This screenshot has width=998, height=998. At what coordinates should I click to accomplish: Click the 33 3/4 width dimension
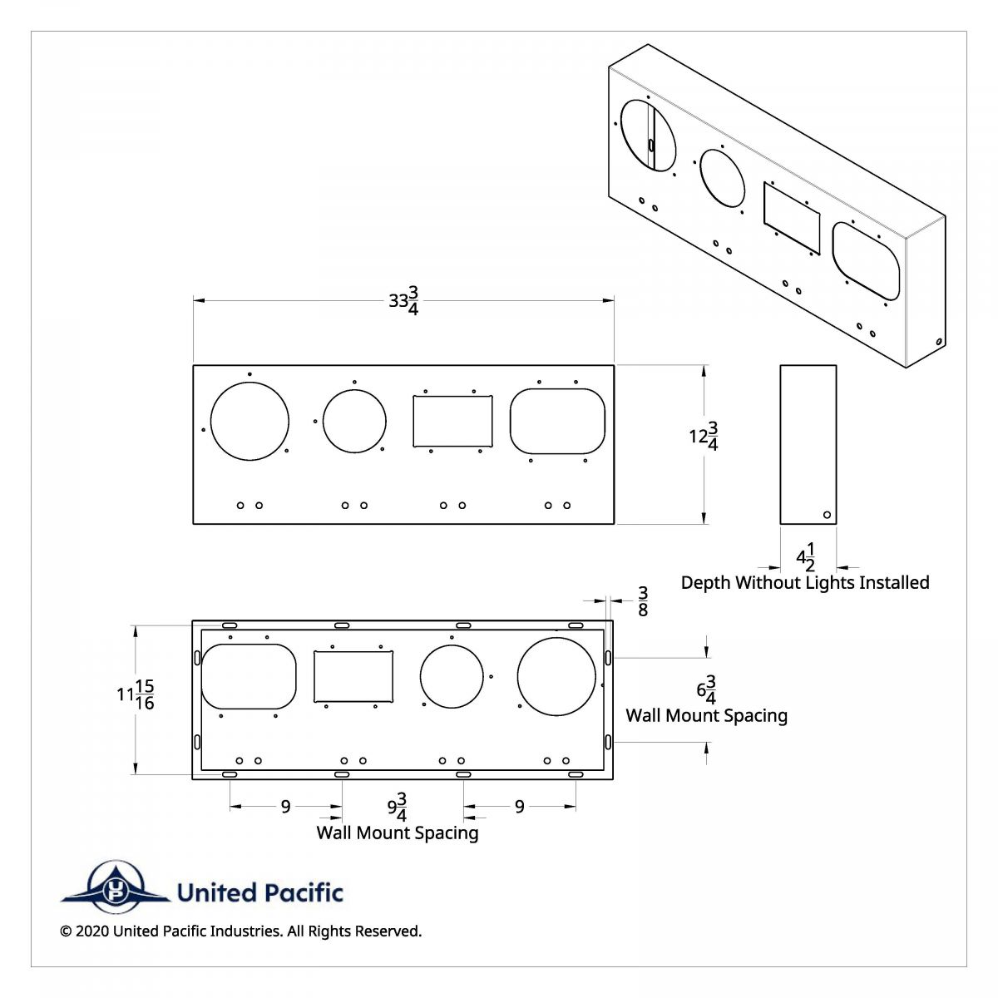(x=403, y=301)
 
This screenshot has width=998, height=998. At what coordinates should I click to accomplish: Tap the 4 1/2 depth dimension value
(x=806, y=556)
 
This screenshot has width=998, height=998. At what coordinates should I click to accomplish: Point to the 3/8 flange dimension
(x=642, y=600)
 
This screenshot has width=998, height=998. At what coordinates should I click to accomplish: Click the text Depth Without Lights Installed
(x=805, y=582)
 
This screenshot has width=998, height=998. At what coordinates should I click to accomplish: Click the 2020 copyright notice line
(x=241, y=931)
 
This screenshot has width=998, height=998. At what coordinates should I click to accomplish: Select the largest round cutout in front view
(x=249, y=421)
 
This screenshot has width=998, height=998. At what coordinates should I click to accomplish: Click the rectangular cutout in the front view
(x=453, y=421)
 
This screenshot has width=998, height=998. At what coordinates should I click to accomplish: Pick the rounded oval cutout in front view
(x=557, y=421)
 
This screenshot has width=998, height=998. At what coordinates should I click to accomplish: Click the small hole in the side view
(x=827, y=515)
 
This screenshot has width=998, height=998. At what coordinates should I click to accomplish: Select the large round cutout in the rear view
(x=556, y=677)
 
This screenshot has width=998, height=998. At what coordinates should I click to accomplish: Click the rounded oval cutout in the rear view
(x=249, y=676)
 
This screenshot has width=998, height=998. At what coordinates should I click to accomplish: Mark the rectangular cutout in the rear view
(x=353, y=677)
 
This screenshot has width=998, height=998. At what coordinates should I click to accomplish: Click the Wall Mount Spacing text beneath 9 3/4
(x=398, y=832)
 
